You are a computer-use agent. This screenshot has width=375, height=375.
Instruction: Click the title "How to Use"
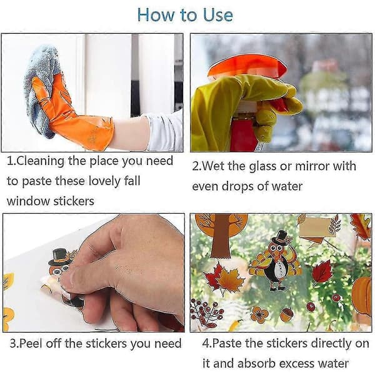185,15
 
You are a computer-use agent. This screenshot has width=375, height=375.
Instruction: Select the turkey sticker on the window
275,261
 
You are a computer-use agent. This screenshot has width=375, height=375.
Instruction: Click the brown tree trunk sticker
221,237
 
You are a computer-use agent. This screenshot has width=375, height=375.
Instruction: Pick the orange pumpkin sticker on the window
362,296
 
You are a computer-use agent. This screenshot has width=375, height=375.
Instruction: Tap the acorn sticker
286,314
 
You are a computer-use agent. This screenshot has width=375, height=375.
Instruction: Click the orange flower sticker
260,314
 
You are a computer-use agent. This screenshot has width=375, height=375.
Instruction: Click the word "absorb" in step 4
256,364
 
